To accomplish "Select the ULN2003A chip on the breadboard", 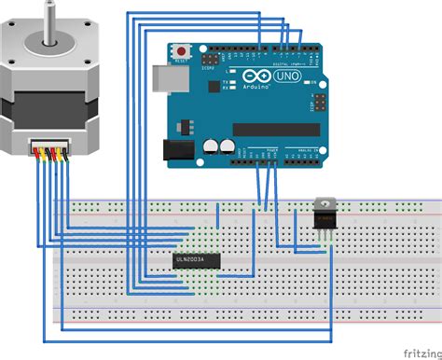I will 196,258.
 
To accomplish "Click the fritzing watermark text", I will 421,353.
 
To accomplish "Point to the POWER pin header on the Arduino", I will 264,158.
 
